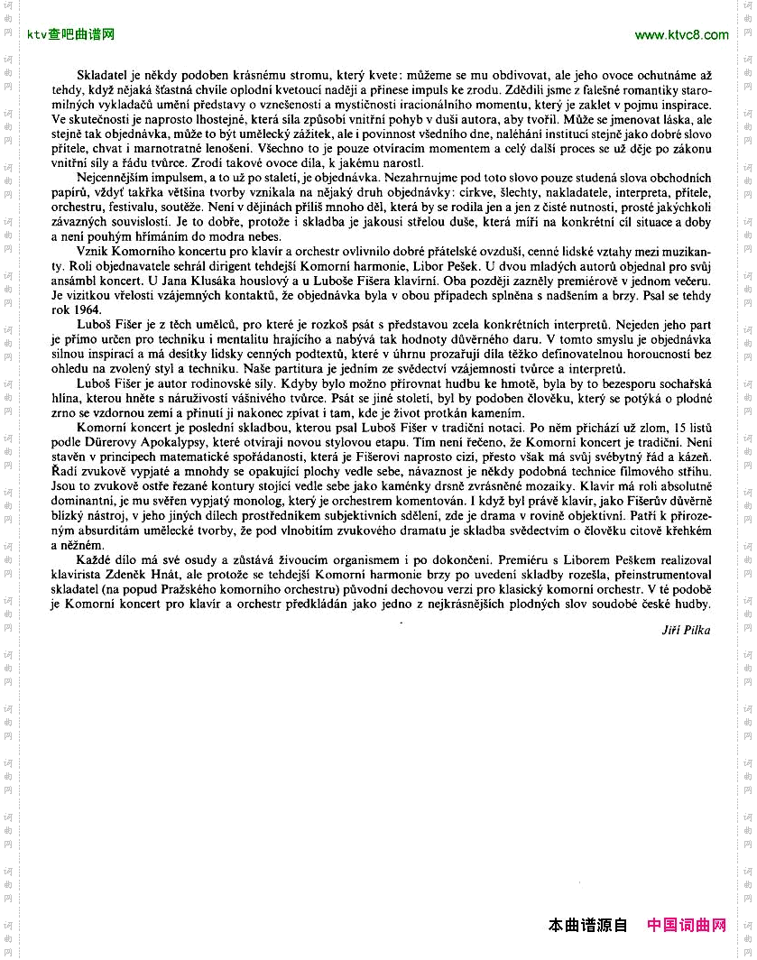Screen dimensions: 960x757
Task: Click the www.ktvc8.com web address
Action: pyautogui.click(x=681, y=35)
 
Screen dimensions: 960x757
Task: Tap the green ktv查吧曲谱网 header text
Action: pyautogui.click(x=70, y=35)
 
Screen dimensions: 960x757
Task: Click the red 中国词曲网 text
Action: pyautogui.click(x=687, y=925)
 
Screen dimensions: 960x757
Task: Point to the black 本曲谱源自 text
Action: pyautogui.click(x=587, y=925)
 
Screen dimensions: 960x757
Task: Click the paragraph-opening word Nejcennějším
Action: pyautogui.click(x=113, y=178)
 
